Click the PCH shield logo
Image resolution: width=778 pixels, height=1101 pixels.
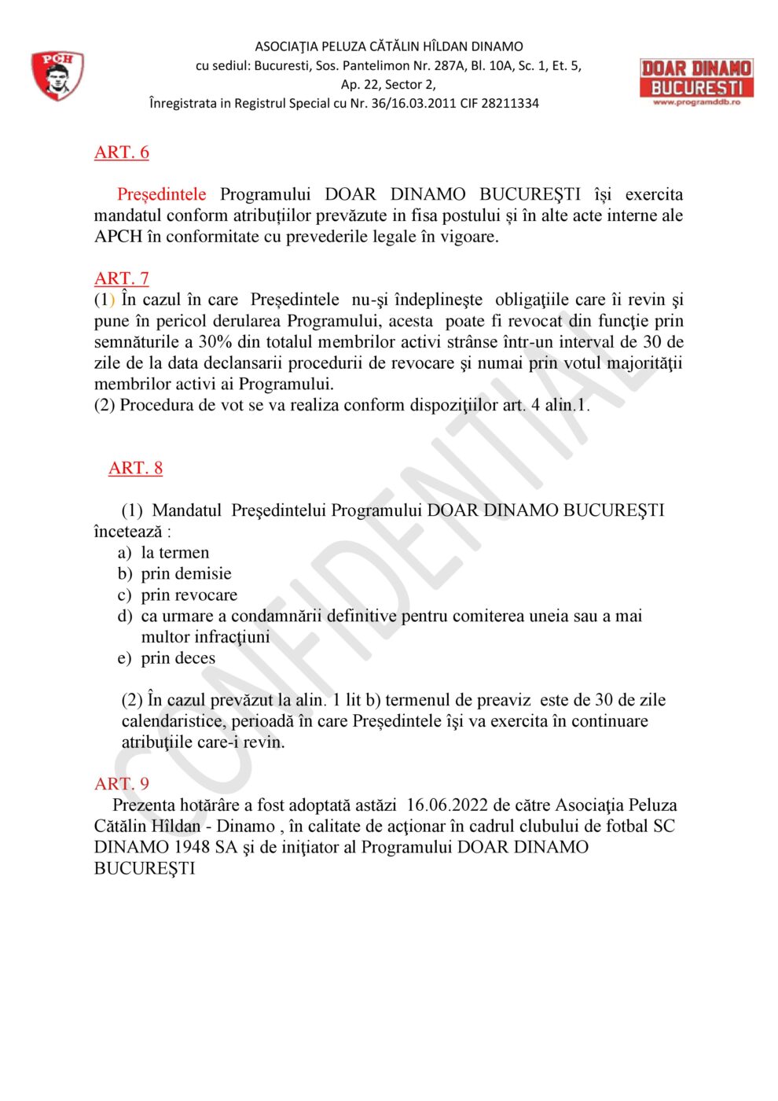pos(57,75)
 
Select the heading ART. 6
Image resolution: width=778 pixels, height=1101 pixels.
pos(122,153)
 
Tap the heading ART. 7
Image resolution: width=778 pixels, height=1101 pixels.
pos(122,278)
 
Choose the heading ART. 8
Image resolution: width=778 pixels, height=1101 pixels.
pos(135,469)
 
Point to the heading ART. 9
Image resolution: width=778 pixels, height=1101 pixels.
pos(122,784)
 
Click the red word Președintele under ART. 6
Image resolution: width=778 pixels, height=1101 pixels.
pos(162,194)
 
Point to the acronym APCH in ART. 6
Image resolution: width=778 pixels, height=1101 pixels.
pos(118,237)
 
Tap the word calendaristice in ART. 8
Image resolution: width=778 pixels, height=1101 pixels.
pos(172,721)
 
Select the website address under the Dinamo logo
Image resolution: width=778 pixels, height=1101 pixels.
pos(696,102)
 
